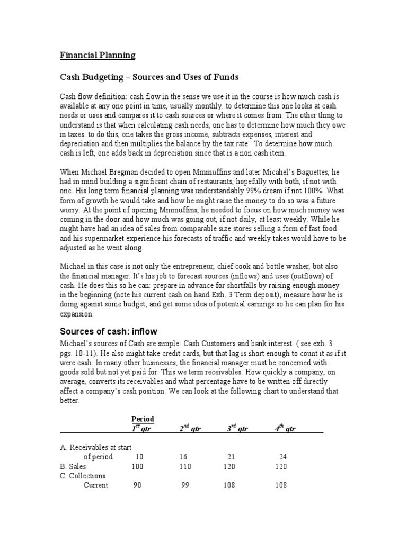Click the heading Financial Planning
97,55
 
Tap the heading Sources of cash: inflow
108,331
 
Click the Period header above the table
143,419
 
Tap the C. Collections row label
83,476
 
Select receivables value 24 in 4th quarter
282,457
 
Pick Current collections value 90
137,485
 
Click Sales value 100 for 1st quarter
137,466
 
